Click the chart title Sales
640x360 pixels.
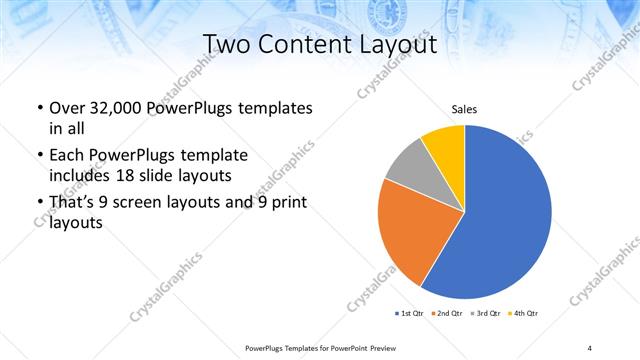(464, 108)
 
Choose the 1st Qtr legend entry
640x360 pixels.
(411, 314)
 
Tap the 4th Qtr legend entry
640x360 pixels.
(524, 314)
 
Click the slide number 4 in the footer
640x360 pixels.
(590, 347)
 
